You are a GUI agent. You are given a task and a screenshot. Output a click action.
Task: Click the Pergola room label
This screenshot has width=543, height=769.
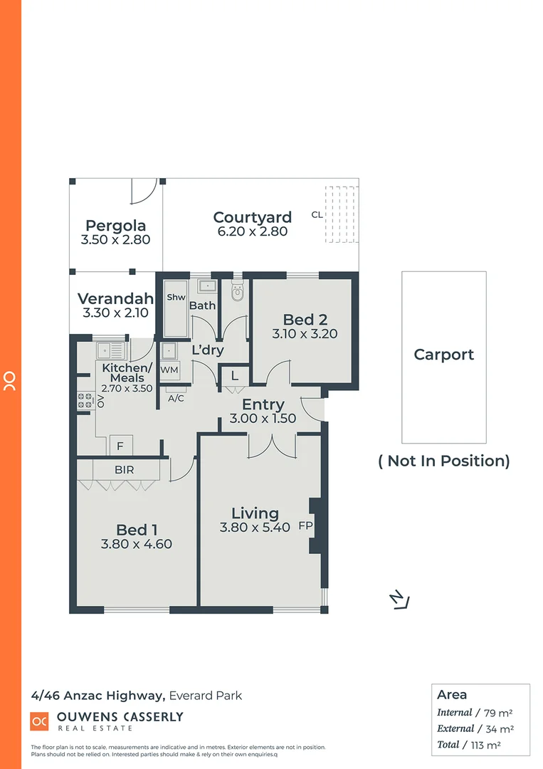(115, 226)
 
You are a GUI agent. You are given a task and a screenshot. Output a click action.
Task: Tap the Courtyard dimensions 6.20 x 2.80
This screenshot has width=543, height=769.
(253, 231)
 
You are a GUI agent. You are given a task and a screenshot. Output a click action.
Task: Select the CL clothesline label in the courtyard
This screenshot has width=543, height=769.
(317, 214)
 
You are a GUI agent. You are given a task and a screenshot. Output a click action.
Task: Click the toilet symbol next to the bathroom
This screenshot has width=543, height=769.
(238, 292)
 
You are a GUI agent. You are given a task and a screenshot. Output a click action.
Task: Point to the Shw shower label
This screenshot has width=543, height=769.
(176, 298)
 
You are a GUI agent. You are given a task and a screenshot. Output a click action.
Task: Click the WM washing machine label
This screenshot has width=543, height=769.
(169, 370)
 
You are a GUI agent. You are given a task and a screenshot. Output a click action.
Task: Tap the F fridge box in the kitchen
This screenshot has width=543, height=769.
(120, 446)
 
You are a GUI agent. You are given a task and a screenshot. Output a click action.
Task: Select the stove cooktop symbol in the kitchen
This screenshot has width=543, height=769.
(85, 400)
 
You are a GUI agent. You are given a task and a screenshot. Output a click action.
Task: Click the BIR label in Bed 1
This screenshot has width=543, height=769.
(124, 470)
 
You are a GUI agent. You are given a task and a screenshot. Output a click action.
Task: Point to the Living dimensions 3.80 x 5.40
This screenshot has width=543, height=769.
(255, 528)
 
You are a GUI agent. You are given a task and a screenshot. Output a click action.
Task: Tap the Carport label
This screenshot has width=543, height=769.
(443, 355)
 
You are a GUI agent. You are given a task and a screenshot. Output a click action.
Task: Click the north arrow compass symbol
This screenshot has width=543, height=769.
(400, 600)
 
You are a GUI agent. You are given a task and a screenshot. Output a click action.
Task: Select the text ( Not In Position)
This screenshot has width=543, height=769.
(443, 461)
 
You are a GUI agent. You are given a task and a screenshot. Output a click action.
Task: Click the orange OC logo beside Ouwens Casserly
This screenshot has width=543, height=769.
(39, 721)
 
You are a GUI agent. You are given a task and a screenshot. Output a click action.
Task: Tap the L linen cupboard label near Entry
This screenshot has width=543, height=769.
(233, 375)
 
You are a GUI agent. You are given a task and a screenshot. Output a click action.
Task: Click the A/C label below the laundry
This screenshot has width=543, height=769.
(176, 398)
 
